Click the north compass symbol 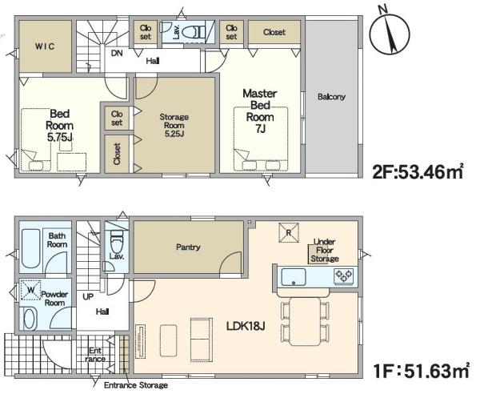click(390, 31)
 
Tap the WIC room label click(45, 46)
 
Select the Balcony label click(331, 97)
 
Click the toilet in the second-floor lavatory click(194, 31)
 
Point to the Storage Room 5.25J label click(174, 125)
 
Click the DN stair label click(117, 54)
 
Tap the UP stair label click(88, 297)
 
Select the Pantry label click(188, 247)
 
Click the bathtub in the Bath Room click(30, 248)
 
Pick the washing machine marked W click(31, 290)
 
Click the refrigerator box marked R click(289, 233)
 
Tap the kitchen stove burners click(344, 275)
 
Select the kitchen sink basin click(294, 277)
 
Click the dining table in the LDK click(306, 321)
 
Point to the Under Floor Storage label click(325, 251)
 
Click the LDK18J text click(246, 326)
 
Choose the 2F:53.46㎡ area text click(418, 172)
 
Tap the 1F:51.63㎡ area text click(422, 371)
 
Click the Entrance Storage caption click(136, 385)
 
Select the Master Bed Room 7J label click(260, 111)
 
